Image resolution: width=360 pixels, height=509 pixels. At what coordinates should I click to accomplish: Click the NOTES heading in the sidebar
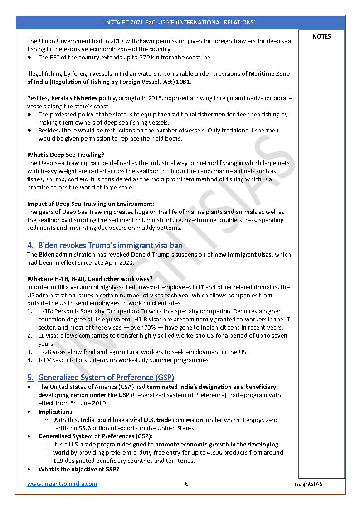(321, 37)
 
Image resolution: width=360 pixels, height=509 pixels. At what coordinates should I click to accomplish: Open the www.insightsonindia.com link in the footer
(62, 484)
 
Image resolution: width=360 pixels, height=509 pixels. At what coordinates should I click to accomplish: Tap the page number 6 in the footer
(186, 484)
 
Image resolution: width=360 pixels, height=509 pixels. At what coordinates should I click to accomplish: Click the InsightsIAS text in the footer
(308, 484)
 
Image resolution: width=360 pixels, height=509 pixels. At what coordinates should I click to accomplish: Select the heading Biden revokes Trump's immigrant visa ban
(110, 246)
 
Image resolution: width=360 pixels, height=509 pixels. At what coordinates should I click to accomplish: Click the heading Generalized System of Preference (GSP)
(106, 378)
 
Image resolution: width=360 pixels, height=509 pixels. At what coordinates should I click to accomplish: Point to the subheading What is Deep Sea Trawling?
(65, 155)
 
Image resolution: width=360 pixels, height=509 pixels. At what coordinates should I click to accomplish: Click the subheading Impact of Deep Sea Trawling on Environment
(90, 204)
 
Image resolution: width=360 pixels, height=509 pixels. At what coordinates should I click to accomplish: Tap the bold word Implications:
(56, 412)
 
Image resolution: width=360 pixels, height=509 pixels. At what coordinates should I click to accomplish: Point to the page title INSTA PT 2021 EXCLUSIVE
(180, 22)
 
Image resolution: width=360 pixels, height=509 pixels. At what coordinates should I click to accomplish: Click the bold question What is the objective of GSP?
(79, 469)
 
